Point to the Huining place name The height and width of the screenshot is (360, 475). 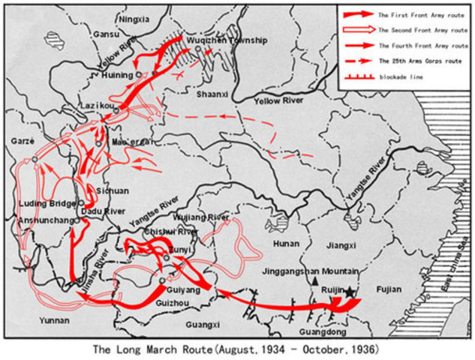click(x=118, y=75)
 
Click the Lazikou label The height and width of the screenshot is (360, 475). click(x=98, y=108)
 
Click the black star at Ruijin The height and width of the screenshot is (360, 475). click(x=349, y=291)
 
